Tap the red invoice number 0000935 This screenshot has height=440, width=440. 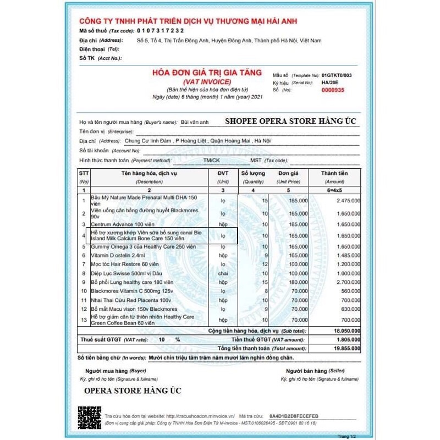tap(333, 90)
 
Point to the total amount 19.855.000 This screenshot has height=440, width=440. tap(345, 348)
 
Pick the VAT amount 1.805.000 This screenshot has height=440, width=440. tap(346, 340)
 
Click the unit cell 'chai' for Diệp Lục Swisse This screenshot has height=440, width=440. tap(223, 273)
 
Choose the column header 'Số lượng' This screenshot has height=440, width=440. tap(253, 173)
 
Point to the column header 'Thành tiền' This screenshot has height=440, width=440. tap(334, 173)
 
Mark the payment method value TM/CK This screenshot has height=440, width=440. tap(211, 160)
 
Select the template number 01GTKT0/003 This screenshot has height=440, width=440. tap(337, 74)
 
